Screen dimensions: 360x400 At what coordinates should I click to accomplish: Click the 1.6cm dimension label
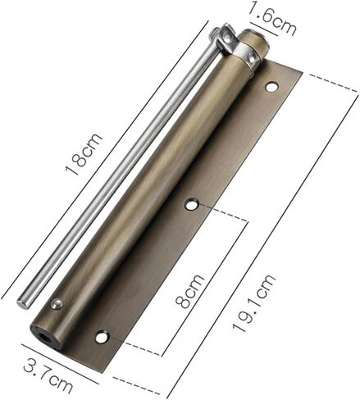(x=272, y=18)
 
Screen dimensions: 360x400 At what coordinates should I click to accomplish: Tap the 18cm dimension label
(x=84, y=154)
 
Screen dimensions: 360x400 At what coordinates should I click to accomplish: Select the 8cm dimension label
(x=189, y=291)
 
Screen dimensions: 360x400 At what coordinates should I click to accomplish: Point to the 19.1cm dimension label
(x=253, y=303)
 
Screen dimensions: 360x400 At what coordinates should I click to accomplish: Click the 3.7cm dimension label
(x=48, y=377)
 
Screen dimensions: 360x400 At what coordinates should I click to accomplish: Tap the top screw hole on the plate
(x=271, y=87)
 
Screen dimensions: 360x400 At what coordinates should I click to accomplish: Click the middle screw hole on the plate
(x=191, y=204)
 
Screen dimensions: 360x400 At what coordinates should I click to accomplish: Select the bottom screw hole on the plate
(x=103, y=337)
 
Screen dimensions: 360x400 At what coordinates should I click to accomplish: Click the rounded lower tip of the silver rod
(x=23, y=303)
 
